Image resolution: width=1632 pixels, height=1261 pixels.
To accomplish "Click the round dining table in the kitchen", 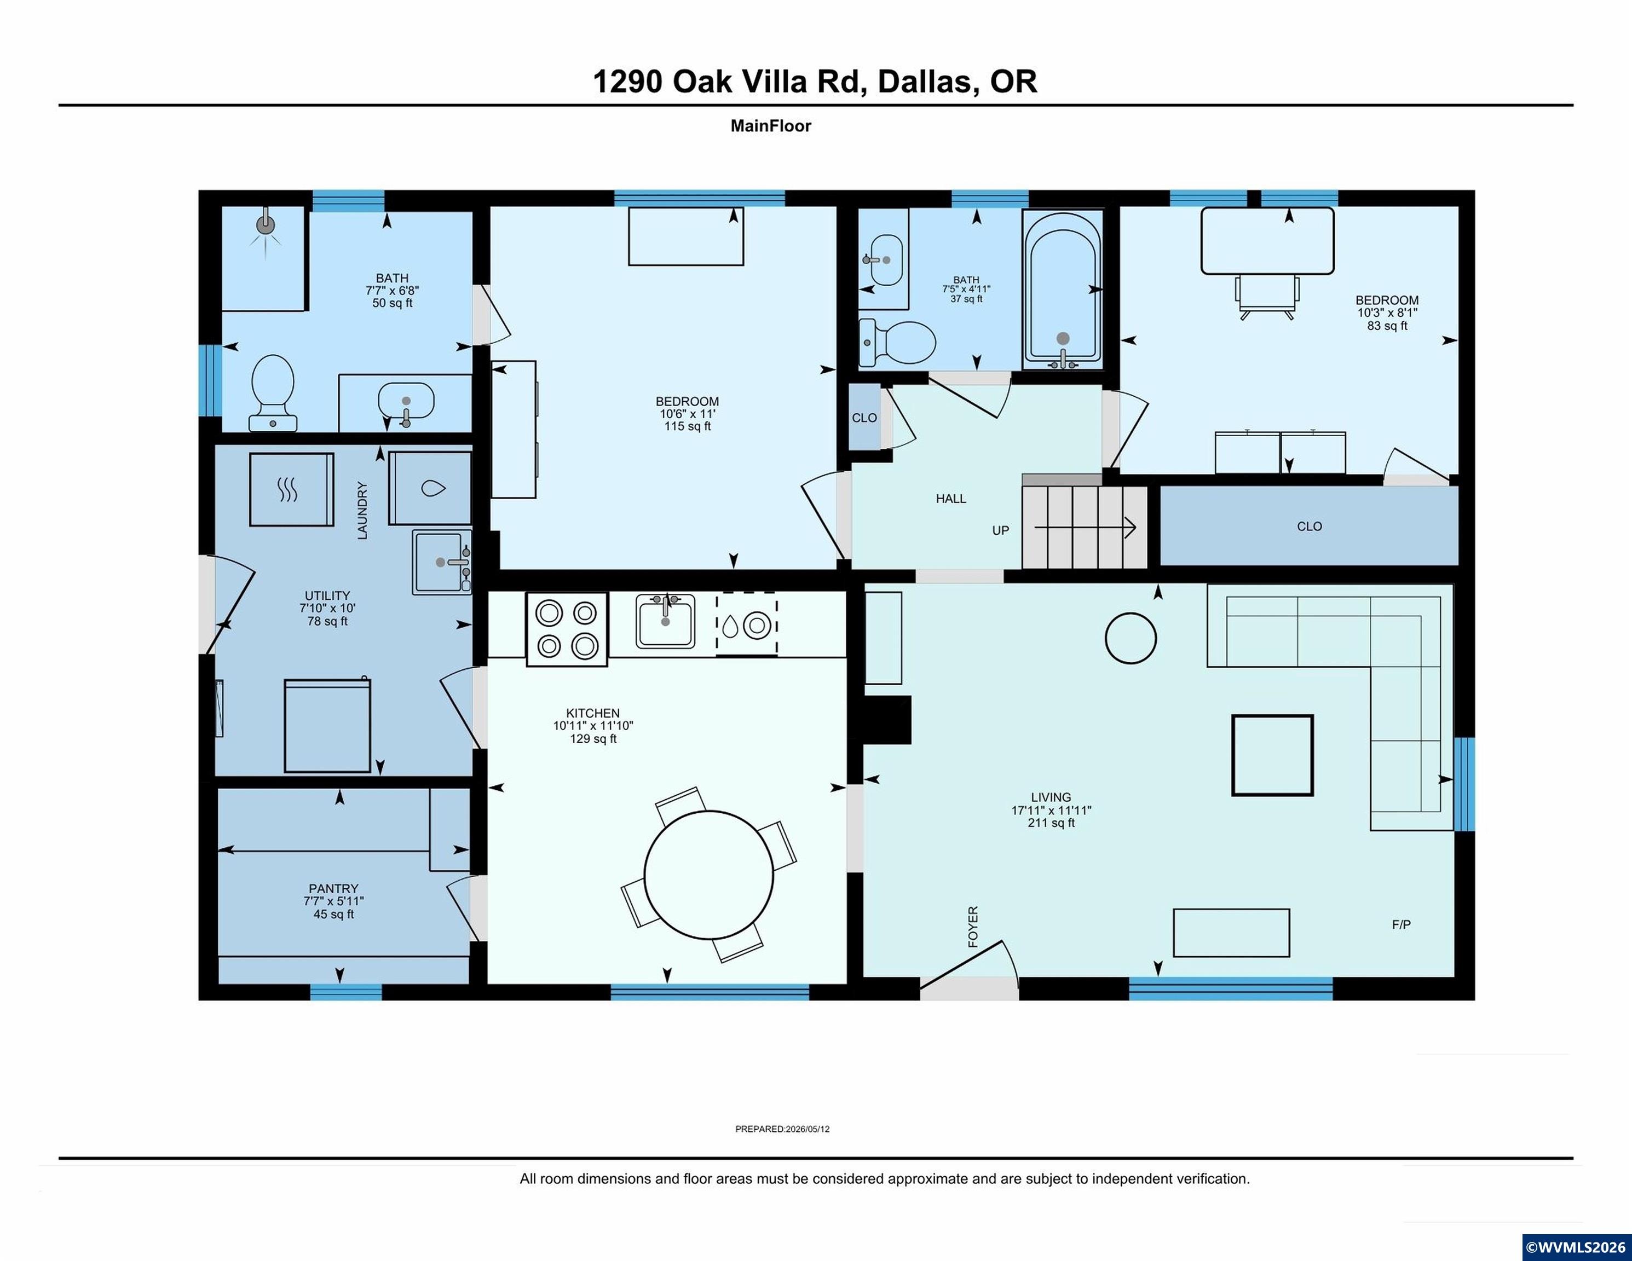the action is (708, 875).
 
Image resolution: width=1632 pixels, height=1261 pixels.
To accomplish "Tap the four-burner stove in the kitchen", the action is (567, 629).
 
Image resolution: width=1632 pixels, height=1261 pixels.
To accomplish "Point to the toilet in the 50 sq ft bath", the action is (273, 393).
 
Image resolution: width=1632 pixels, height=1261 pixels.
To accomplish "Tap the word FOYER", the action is (973, 927).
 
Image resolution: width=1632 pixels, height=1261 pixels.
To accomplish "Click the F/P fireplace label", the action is (1401, 925).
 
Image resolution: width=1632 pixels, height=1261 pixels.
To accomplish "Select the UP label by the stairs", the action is (1001, 530).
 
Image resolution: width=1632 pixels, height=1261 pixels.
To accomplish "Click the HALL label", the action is (951, 498).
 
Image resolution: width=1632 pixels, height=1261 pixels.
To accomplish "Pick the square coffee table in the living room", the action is (1272, 755).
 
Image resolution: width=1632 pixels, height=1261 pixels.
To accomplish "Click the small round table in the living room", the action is (1131, 638).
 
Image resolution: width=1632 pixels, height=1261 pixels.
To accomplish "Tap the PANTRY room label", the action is (333, 889).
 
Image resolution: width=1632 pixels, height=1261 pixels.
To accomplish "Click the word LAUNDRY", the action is (362, 510).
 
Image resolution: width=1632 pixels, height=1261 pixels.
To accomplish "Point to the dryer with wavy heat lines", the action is (291, 489).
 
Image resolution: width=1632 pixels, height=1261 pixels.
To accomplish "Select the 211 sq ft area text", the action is (1051, 823).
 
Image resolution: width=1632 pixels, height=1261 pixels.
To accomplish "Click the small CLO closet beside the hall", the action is (864, 417).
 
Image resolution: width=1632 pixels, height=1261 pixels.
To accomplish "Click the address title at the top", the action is (815, 82).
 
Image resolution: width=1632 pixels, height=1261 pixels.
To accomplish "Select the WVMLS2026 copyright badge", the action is (1577, 1247).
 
